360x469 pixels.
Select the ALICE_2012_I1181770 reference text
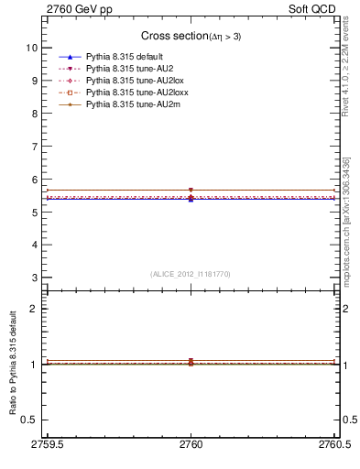[190, 274]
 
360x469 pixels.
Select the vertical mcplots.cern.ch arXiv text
[346, 219]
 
